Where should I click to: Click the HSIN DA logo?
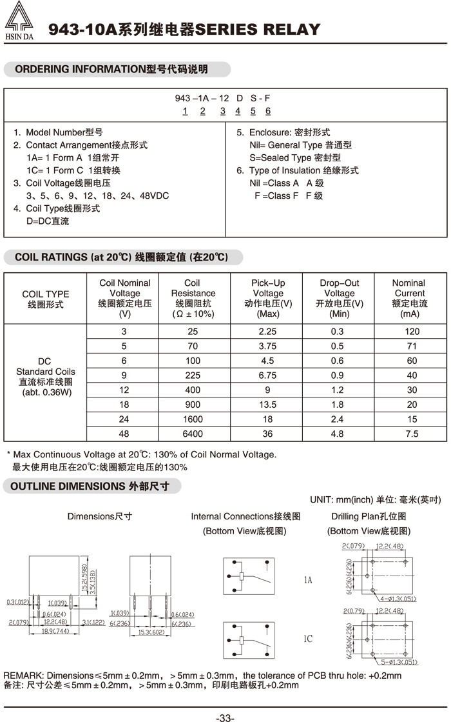tap(19, 23)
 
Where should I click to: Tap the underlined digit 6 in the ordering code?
tap(268, 111)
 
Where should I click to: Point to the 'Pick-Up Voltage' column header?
tap(268, 298)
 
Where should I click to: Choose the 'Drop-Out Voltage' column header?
tap(340, 298)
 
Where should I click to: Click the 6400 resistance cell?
tap(192, 434)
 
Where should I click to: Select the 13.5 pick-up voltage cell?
tap(268, 405)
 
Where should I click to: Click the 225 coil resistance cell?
tap(192, 376)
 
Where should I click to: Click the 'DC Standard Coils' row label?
tap(45, 377)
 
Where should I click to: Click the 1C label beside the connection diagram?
tap(308, 639)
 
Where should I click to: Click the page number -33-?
tap(225, 717)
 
